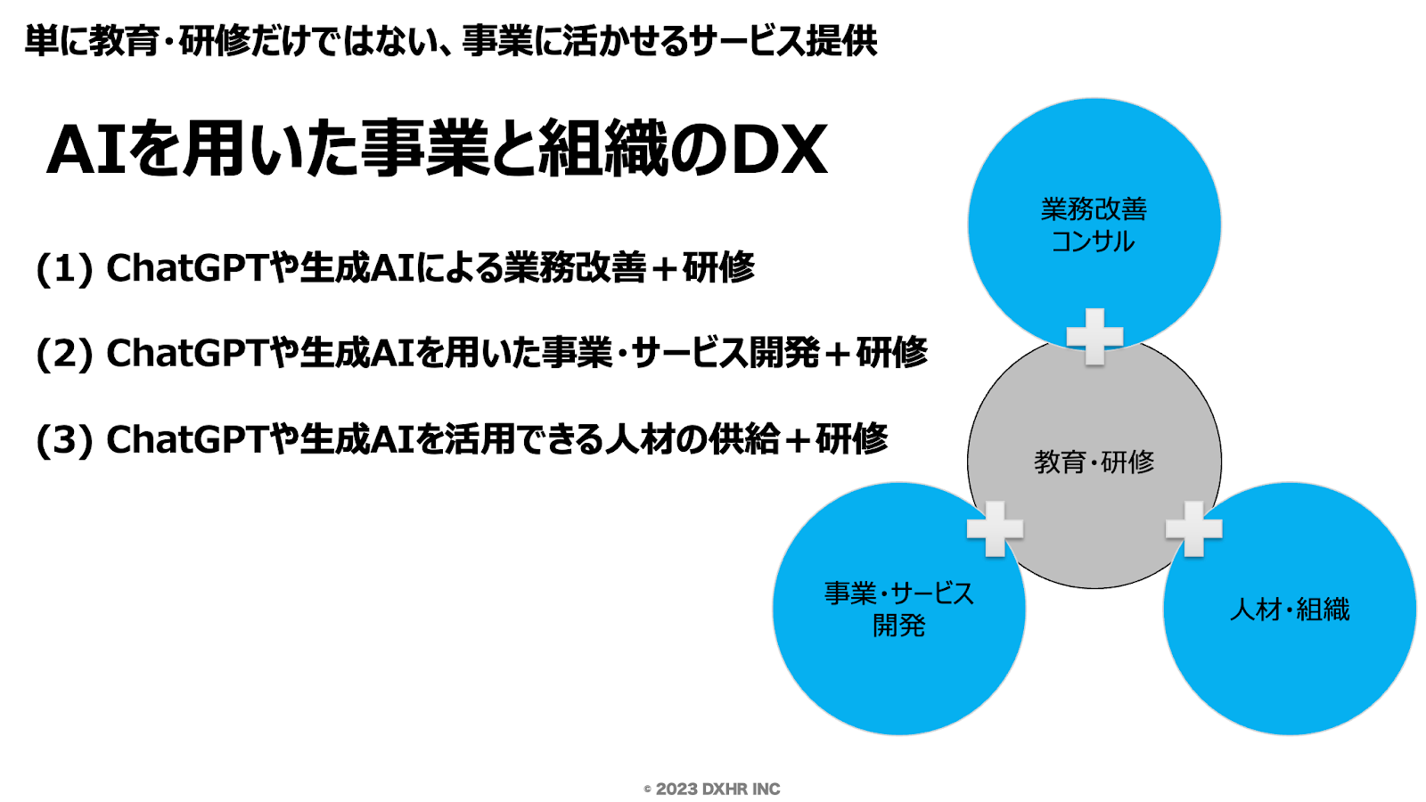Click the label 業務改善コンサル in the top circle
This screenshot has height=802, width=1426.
tap(1094, 225)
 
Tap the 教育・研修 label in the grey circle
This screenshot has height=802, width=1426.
tap(1094, 462)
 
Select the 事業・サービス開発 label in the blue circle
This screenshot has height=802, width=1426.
tap(898, 609)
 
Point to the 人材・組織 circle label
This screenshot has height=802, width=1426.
tap(1289, 610)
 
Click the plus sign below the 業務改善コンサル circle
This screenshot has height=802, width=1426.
tap(1094, 336)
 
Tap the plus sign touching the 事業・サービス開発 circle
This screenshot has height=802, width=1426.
tap(995, 528)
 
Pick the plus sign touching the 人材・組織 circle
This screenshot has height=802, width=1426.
tap(1193, 528)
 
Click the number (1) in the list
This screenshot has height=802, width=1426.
tap(64, 268)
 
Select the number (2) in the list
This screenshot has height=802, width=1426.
tap(64, 354)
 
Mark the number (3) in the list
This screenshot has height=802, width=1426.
tap(64, 439)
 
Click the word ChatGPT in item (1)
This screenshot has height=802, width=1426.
tap(186, 268)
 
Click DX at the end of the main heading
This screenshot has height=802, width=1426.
tap(779, 149)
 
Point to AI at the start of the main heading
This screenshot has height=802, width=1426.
tap(86, 149)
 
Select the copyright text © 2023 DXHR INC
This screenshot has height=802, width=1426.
tap(712, 789)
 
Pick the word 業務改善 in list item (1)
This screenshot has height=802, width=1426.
tap(575, 268)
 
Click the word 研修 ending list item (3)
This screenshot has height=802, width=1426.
tap(851, 439)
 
